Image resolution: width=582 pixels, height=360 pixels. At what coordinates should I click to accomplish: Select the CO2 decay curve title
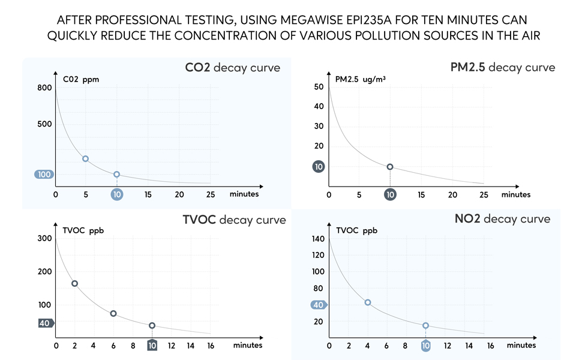point(232,67)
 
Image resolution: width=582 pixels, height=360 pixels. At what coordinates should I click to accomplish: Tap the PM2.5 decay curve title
point(503,67)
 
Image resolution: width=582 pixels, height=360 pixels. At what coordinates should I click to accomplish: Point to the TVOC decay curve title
point(234,220)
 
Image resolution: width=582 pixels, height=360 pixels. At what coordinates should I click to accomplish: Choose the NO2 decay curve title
point(503,218)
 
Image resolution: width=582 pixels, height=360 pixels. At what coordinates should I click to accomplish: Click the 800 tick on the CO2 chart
point(45,88)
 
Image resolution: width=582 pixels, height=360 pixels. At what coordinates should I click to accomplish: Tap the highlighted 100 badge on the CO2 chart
point(44,175)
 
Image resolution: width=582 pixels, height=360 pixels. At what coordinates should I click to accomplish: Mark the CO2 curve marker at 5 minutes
point(86,158)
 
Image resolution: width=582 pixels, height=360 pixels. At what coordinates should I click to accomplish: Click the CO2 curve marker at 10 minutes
point(116,175)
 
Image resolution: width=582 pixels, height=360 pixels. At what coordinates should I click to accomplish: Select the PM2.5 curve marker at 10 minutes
point(390,167)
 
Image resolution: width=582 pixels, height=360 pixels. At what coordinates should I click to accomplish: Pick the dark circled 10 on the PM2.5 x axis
point(390,194)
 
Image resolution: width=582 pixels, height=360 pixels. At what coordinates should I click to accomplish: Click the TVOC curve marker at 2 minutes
point(75,283)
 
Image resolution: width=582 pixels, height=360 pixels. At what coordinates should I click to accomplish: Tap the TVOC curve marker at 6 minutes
point(113,313)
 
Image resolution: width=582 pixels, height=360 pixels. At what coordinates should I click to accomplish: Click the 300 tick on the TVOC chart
point(44,238)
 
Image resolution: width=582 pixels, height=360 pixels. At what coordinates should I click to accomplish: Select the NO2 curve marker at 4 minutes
point(368,302)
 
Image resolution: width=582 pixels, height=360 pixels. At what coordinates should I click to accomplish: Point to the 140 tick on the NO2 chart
point(318,239)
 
